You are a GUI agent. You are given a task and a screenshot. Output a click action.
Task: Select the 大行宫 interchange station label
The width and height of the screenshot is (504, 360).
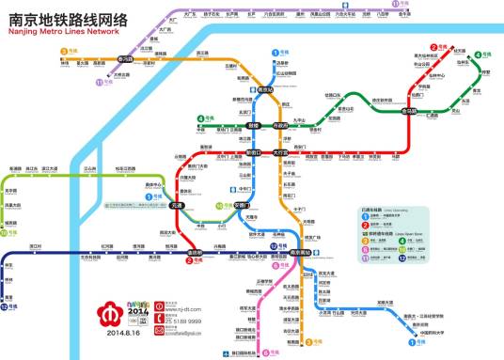(280, 151)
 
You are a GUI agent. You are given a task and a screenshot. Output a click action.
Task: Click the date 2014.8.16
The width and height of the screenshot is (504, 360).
(123, 332)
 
